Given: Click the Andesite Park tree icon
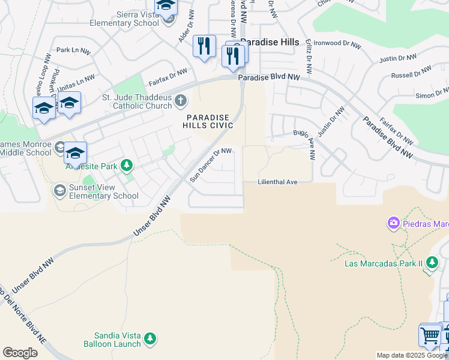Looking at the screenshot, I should tap(126, 166).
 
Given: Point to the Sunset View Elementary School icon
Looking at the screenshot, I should tap(59, 191).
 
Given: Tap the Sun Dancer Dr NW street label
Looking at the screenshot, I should tap(211, 165).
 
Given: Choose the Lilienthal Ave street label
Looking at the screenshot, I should tap(278, 182).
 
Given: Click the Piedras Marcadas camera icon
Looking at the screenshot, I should tap(394, 224).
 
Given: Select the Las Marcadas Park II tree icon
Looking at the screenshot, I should tap(430, 263).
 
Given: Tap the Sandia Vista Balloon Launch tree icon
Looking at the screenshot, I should tap(150, 340).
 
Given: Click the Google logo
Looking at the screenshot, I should tap(20, 353).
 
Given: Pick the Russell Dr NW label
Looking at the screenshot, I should tap(411, 73).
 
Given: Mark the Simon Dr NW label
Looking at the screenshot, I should tap(432, 93).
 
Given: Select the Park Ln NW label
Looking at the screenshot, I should tap(73, 50).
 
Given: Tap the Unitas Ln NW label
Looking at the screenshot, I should tap(74, 82).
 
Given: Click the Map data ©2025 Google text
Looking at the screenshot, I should tap(412, 355).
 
